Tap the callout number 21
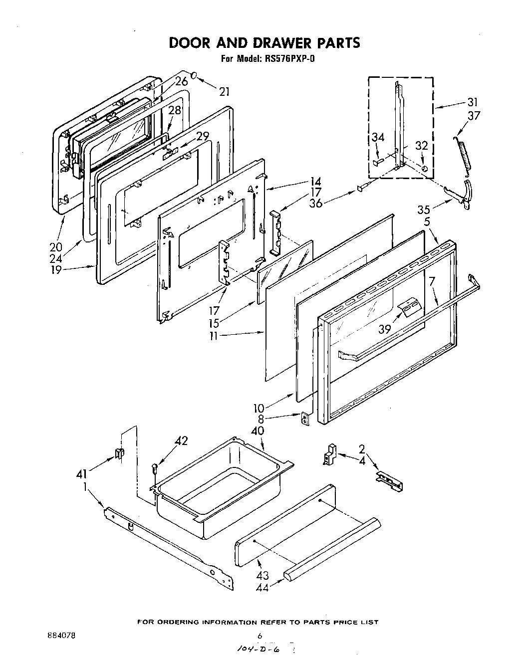click(224, 91)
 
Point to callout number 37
click(474, 115)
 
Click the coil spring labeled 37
click(463, 155)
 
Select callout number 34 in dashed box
click(378, 138)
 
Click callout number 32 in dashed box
click(422, 145)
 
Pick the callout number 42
click(181, 441)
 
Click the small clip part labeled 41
click(120, 454)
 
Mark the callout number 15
click(215, 323)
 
